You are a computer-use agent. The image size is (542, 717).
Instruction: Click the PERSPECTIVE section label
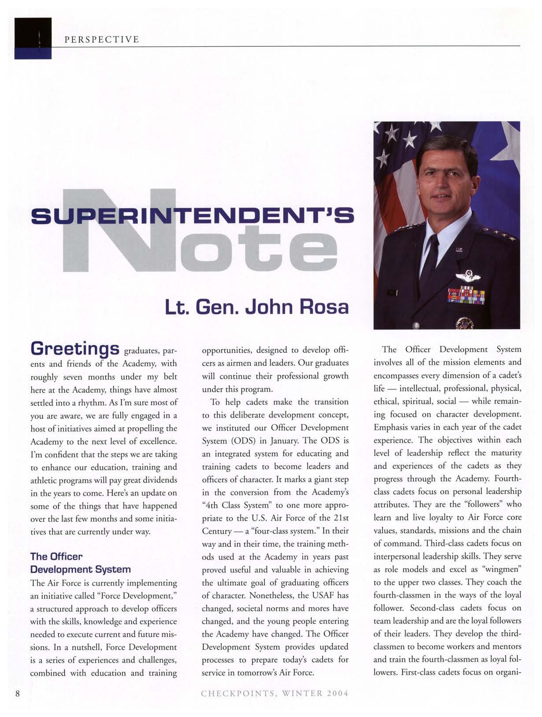coord(101,40)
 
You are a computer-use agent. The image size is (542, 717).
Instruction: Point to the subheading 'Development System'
coord(80,569)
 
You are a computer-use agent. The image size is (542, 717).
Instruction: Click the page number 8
coord(18,693)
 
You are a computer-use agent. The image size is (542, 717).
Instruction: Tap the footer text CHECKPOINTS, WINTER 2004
coord(275,693)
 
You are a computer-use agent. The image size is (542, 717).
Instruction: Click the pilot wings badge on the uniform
coord(468,277)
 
